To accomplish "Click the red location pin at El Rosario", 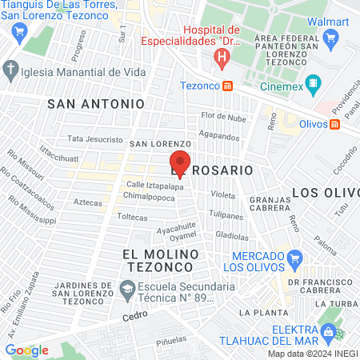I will point(181,163).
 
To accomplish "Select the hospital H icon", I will point(222,58).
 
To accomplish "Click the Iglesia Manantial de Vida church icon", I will point(10,70).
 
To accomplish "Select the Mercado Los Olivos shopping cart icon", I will point(295,258).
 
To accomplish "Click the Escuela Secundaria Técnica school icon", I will point(126,287).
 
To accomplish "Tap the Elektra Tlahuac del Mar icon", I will point(326,330).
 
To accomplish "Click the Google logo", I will point(26,350).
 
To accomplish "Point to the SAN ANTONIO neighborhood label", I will point(96,104).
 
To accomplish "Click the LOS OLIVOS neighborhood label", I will point(325,192).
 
